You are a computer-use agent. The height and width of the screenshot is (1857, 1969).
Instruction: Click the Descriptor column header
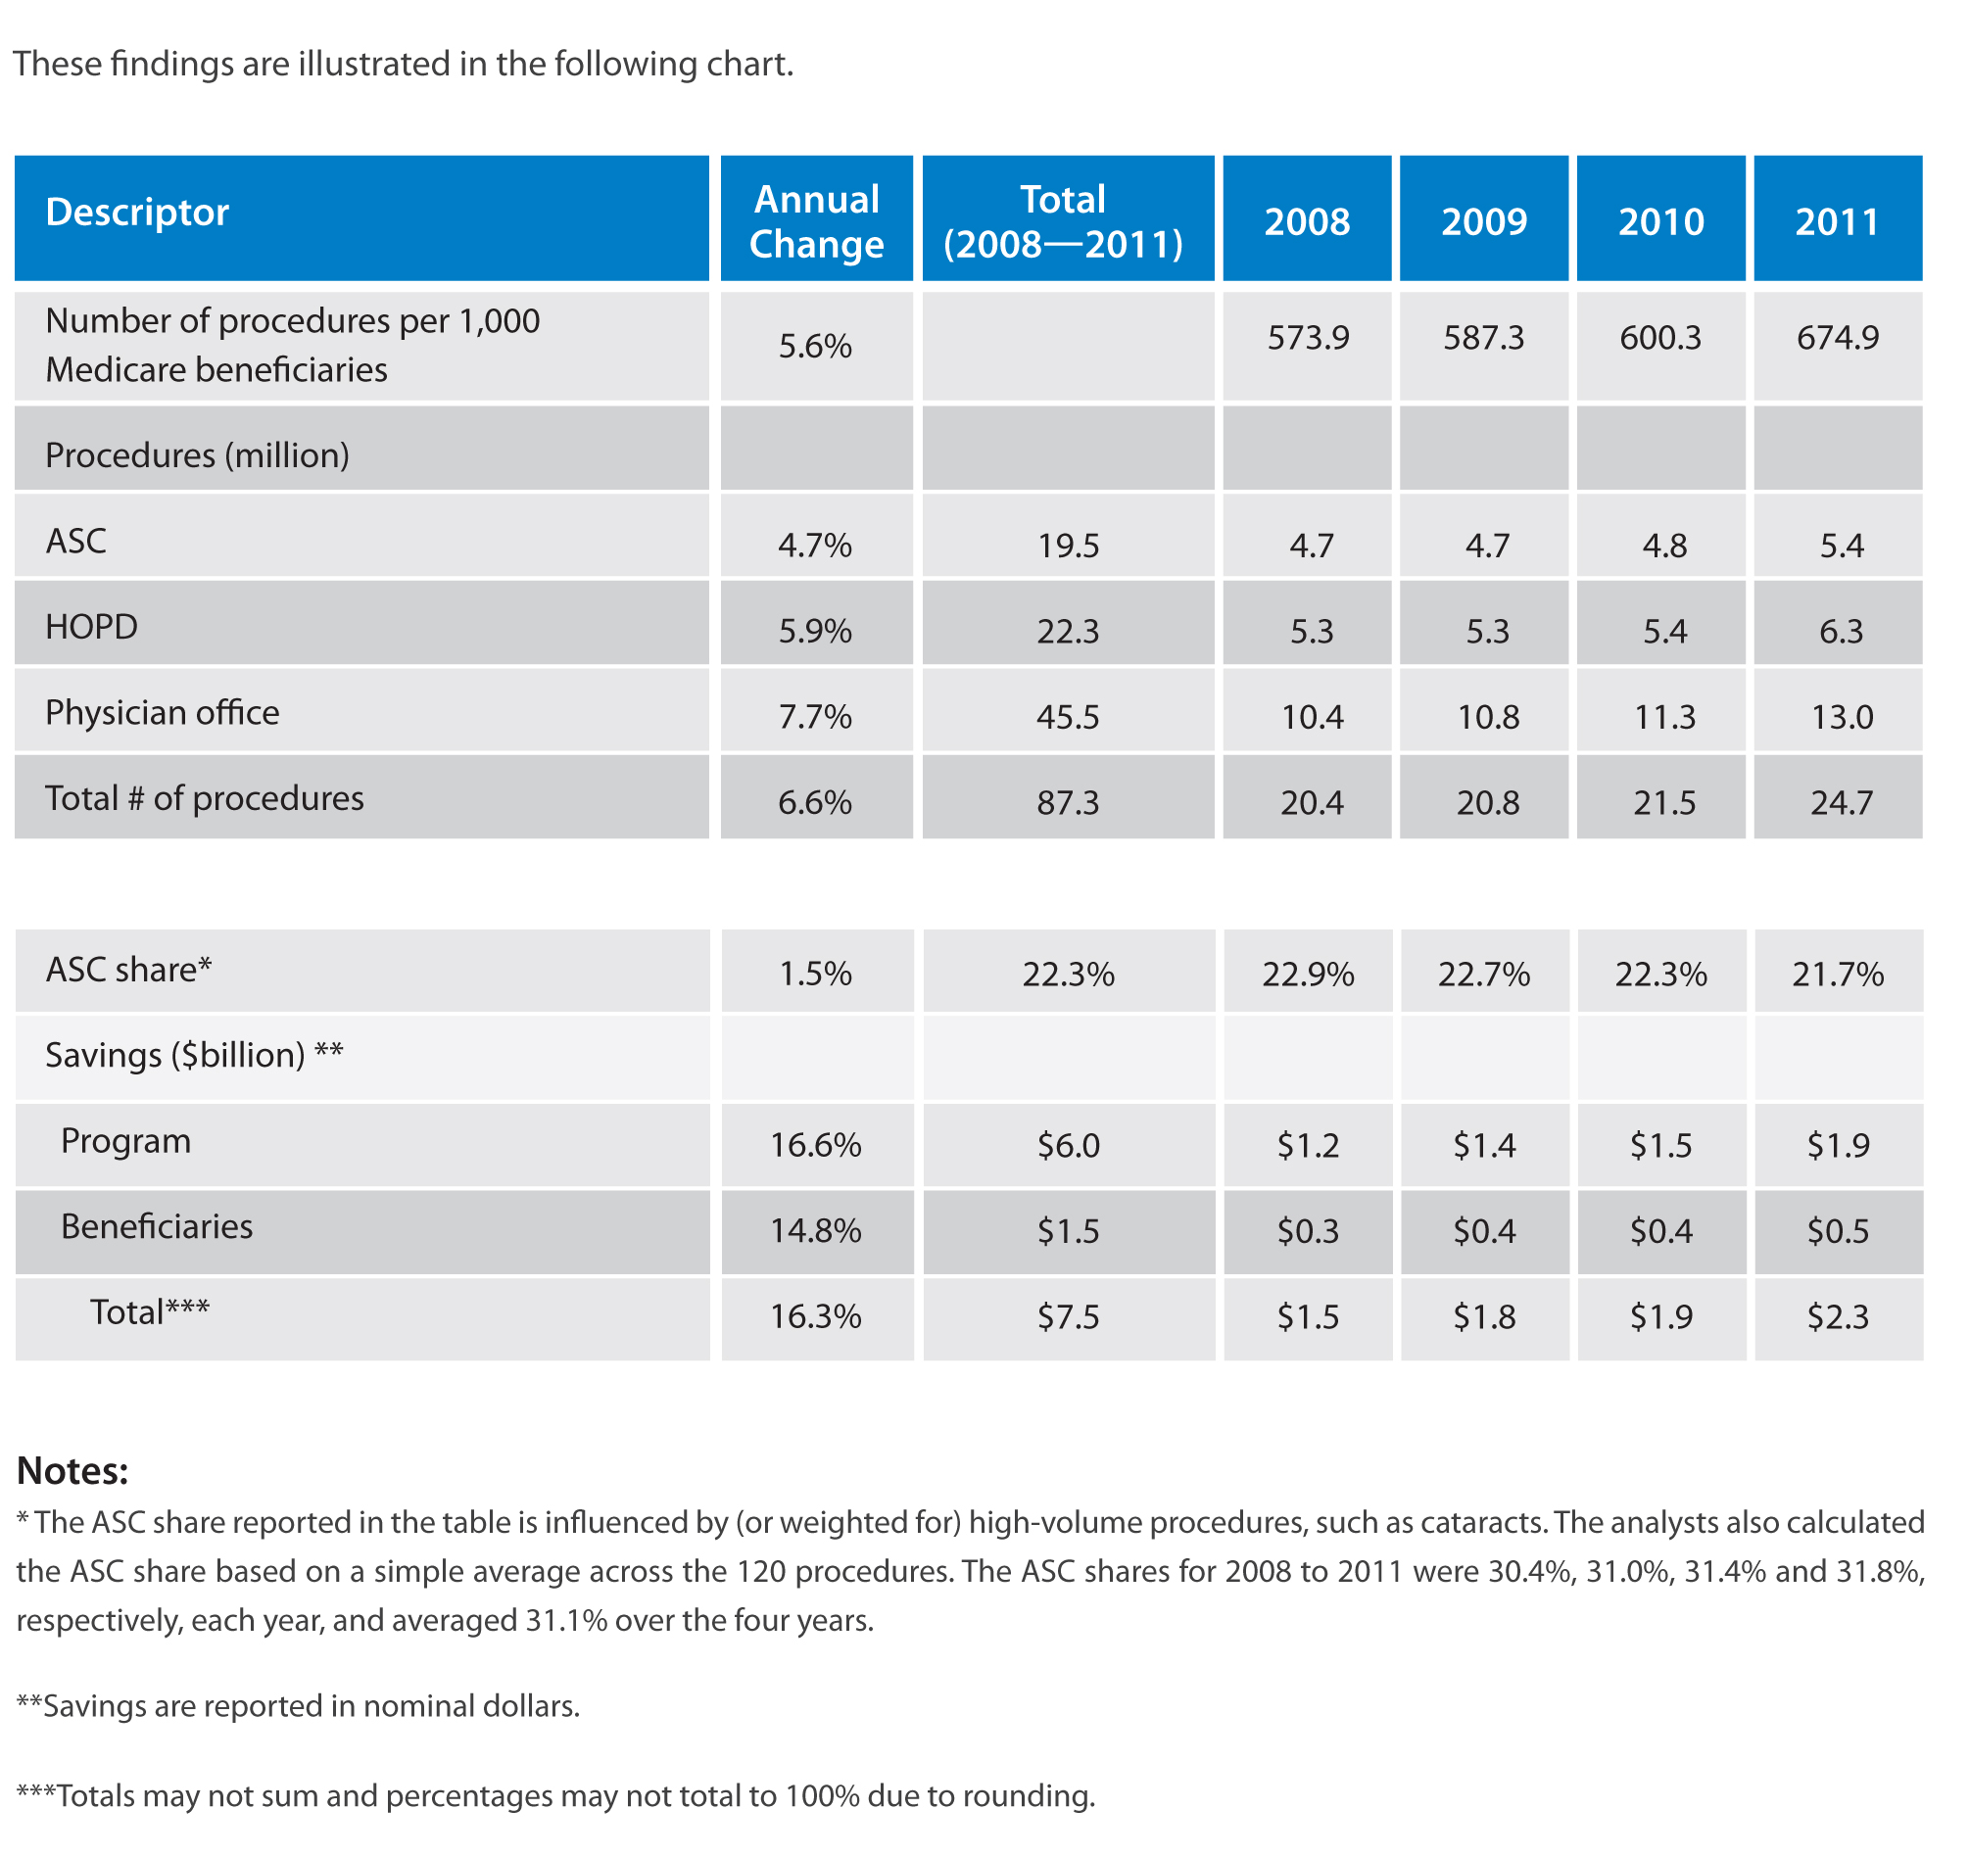point(137,213)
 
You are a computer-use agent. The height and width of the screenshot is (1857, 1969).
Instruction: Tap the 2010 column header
point(1661,222)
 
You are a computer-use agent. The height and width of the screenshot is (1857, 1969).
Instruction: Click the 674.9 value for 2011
point(1839,338)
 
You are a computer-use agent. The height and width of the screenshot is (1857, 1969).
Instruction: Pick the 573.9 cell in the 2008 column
point(1309,338)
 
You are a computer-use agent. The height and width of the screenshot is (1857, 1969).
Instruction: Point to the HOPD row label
point(91,627)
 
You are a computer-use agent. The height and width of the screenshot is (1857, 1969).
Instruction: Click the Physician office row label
point(163,713)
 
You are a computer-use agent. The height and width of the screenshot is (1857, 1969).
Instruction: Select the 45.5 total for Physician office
point(1068,717)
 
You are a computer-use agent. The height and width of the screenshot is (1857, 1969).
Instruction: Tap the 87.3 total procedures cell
point(1068,802)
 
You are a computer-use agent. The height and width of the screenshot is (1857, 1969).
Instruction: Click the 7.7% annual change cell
point(815,717)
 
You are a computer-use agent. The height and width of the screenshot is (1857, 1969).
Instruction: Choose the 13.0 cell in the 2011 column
point(1843,717)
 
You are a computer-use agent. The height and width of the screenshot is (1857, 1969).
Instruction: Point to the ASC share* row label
point(128,970)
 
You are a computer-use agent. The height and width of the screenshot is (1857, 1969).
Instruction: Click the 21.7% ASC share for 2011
point(1839,975)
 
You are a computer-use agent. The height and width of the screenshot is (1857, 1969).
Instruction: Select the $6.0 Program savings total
point(1069,1146)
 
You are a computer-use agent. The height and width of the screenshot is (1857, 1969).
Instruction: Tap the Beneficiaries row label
point(157,1227)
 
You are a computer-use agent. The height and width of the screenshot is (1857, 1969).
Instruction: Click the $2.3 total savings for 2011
point(1839,1317)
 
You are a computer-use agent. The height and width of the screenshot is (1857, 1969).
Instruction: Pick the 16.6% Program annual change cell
point(816,1146)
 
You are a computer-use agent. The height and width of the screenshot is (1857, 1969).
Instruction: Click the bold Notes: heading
point(72,1472)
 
